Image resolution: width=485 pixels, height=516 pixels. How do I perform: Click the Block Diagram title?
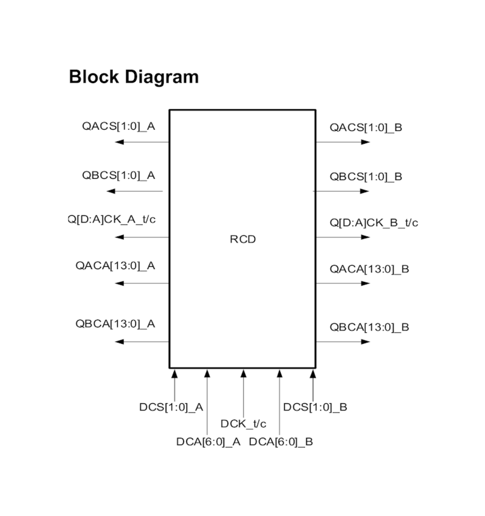pos(134,77)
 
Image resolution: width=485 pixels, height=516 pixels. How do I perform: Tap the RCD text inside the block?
pos(242,239)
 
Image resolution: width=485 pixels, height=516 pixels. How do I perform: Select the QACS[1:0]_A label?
pos(119,126)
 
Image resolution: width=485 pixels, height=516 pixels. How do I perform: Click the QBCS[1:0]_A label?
pos(119,175)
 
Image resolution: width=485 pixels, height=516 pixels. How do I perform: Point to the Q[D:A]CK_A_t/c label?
pos(112,219)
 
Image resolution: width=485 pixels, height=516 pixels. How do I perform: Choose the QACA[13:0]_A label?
pos(115,266)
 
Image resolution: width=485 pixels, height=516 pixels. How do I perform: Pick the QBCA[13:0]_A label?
pos(115,324)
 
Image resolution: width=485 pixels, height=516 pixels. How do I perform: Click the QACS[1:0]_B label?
pos(366,127)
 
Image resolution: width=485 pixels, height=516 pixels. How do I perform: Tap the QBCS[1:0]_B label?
pos(366,177)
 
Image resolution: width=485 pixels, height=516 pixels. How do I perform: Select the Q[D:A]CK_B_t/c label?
pos(374,223)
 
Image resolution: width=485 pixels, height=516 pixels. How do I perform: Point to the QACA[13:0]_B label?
pos(369,269)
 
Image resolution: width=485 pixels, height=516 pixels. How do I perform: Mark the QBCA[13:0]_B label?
pos(369,327)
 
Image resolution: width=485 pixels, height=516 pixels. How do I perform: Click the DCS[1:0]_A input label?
pos(171,407)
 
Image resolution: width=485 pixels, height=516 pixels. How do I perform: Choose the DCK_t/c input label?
pos(243,424)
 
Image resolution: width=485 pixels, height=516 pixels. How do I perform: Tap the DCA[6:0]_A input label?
pos(208,442)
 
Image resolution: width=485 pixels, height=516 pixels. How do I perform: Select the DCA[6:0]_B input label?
pos(281,442)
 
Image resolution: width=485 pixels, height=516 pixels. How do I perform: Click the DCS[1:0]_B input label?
pos(315,407)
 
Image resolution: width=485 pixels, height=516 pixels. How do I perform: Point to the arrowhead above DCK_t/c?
pos(243,373)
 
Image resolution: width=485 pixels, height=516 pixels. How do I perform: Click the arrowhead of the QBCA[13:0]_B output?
pos(365,342)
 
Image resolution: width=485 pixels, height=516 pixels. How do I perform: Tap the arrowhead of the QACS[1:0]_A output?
pos(120,142)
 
